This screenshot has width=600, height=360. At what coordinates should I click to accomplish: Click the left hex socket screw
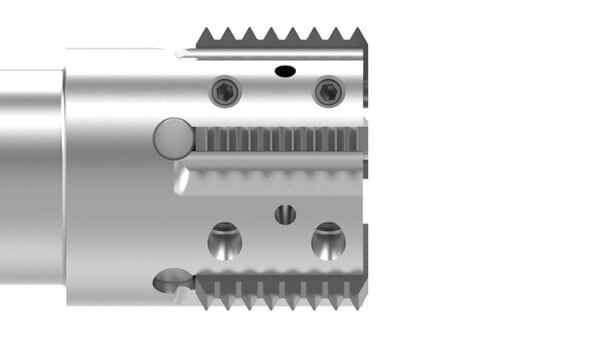pos(225,93)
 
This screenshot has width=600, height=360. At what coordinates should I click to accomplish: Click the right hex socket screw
pos(328,93)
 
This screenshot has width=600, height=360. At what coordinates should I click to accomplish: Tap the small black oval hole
pos(284,71)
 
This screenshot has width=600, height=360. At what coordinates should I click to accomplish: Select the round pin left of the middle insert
pos(173,137)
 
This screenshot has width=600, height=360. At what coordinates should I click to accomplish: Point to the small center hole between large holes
pos(285,213)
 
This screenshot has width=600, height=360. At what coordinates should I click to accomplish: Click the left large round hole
pos(225,240)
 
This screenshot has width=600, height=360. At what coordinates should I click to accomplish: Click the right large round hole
pos(328,240)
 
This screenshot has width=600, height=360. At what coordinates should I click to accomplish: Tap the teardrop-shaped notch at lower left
pos(171,282)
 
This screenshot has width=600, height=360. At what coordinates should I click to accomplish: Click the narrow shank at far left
pos(30,176)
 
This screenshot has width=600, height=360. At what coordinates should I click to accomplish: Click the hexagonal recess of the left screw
pos(225,93)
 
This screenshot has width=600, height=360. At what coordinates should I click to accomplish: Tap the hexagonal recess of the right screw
pos(328,93)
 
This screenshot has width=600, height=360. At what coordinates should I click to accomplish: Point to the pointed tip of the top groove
pos(177,53)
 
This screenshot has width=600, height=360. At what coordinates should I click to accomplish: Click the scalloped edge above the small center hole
pos(280,180)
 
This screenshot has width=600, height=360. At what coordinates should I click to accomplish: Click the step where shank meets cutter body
pos(66,176)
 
